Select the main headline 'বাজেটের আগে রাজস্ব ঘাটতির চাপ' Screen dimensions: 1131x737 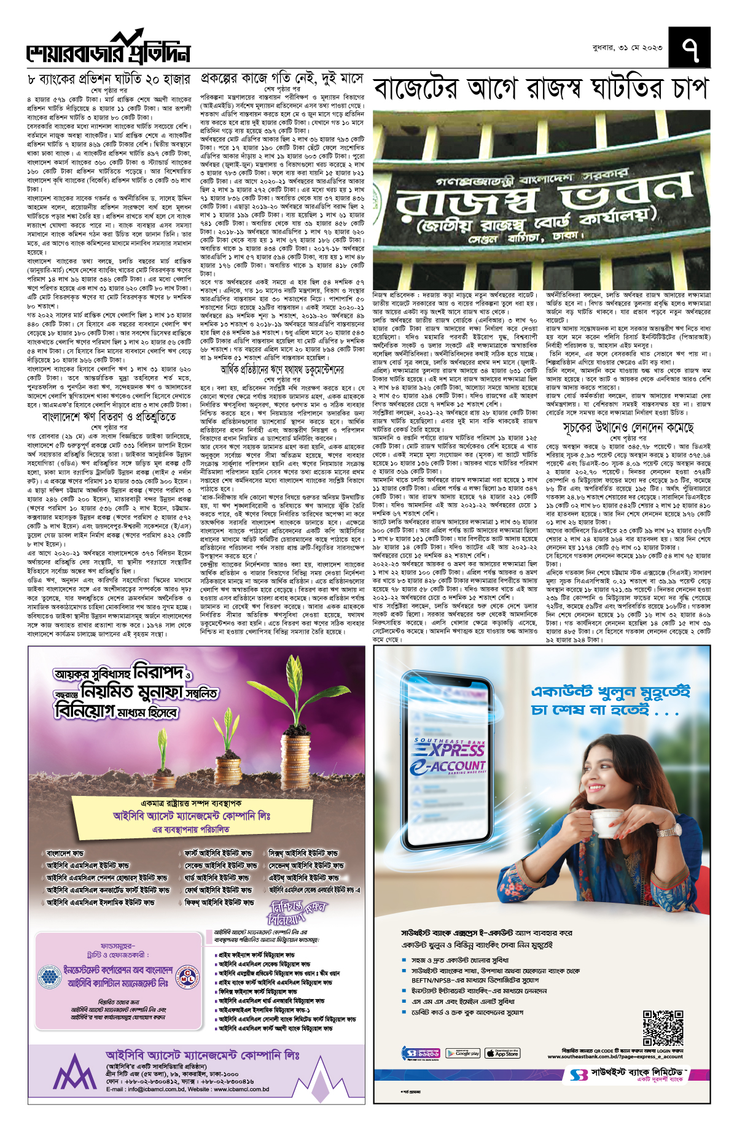540,89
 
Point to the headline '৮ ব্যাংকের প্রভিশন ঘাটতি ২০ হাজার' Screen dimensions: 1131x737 109,80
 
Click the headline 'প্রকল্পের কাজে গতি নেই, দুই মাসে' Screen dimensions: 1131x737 282,80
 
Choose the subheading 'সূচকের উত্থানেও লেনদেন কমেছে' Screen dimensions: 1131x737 628,427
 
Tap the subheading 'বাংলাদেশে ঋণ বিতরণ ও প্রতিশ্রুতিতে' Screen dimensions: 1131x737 109,417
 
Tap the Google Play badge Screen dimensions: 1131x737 462,1053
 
